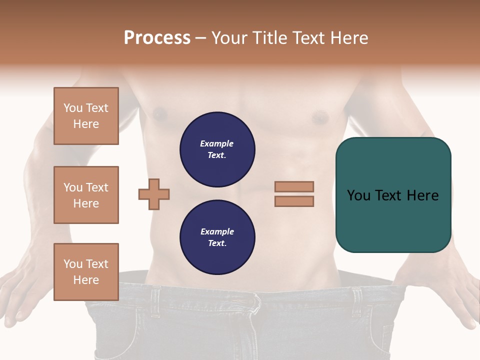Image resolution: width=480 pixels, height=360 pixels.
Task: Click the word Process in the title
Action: [157, 38]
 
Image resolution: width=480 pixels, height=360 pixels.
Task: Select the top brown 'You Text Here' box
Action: [86, 116]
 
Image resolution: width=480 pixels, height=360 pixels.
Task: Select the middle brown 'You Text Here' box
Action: [86, 195]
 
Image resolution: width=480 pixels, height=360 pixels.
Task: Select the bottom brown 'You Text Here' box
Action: [86, 271]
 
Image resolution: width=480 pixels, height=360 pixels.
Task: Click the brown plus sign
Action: [154, 194]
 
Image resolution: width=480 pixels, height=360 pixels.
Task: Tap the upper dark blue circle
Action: [217, 149]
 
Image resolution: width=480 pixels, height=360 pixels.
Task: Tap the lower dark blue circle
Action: [217, 237]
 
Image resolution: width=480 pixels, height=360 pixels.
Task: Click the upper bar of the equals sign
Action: [294, 186]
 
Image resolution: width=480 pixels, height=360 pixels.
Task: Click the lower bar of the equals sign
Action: [294, 201]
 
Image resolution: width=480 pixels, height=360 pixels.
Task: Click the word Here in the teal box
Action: [422, 195]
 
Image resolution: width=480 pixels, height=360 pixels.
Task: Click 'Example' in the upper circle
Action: [216, 143]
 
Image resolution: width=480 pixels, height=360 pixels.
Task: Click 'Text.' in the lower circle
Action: [217, 243]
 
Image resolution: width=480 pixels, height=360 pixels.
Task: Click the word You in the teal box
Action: [358, 195]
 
